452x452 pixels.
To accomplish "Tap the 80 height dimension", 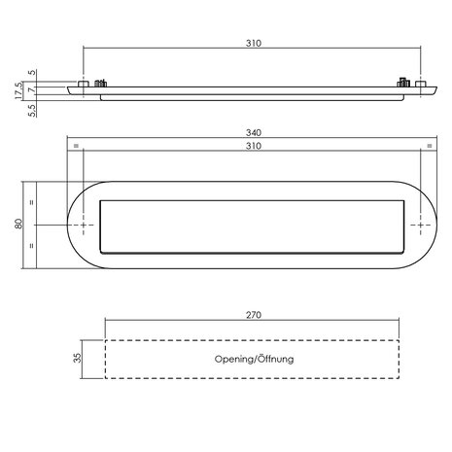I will [x=17, y=225].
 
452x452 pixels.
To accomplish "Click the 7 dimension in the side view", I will [x=32, y=89].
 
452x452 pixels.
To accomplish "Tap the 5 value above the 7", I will [x=32, y=72].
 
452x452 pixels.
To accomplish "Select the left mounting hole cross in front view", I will [x=84, y=225].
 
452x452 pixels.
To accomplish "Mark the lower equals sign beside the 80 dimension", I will [x=32, y=246].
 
